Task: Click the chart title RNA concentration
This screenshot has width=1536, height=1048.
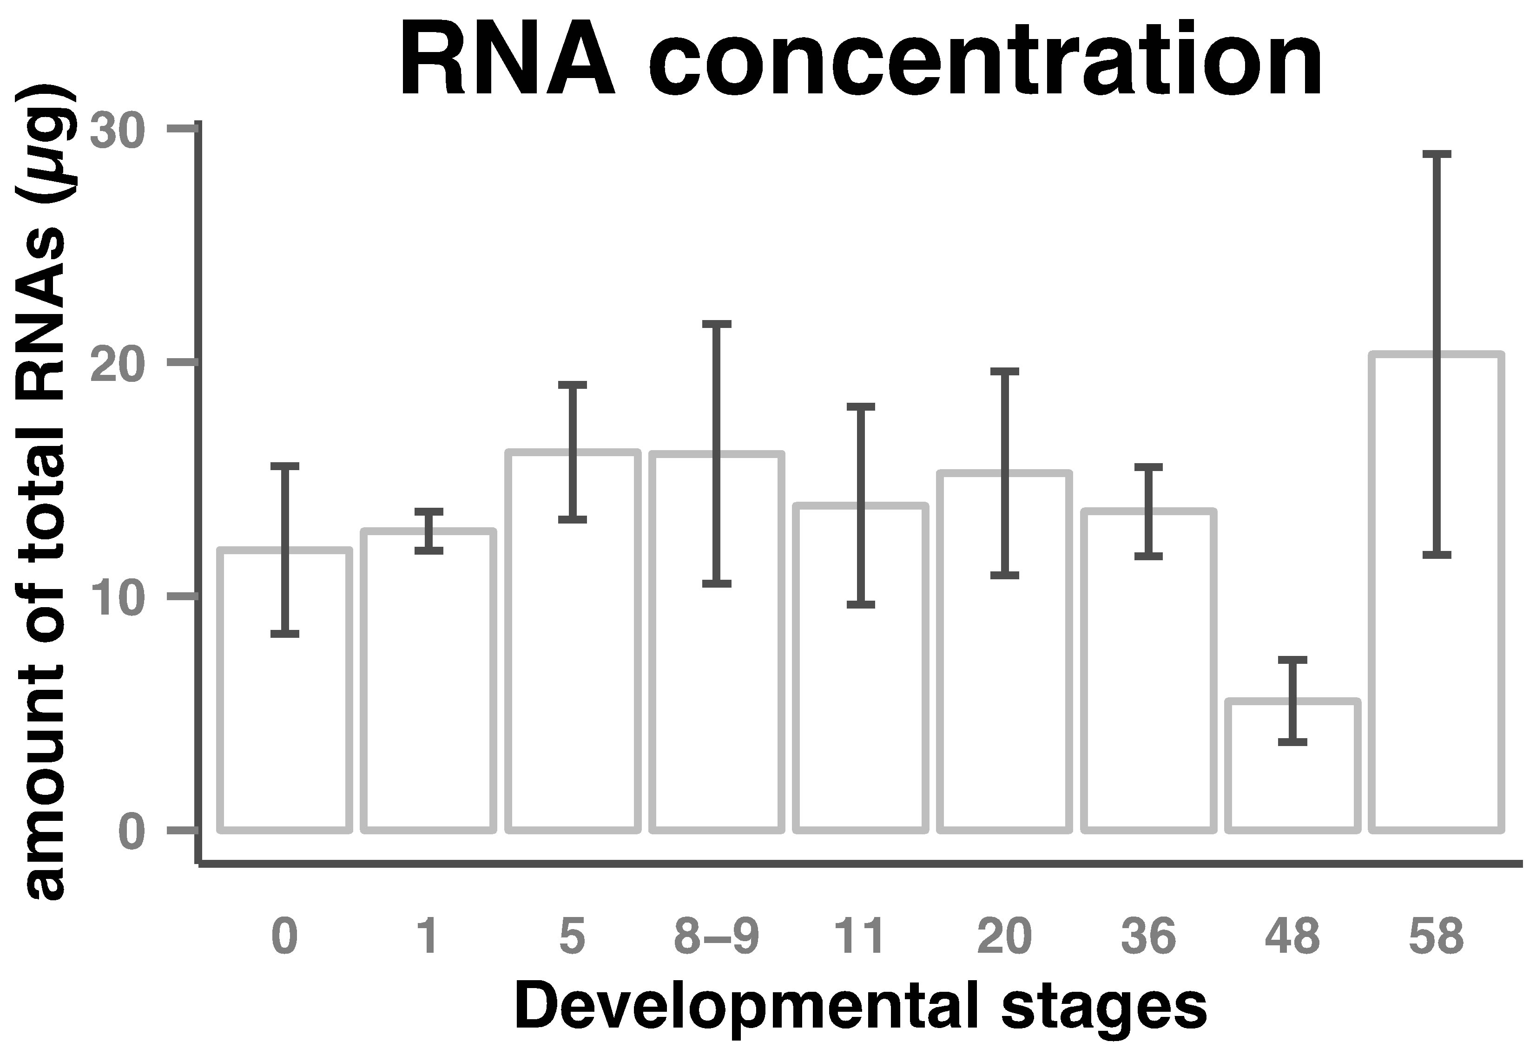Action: (x=861, y=63)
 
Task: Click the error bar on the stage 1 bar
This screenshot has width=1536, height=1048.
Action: (x=429, y=531)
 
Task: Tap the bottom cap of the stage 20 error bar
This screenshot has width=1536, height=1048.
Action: (x=1005, y=575)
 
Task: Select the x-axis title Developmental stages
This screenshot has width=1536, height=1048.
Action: (x=861, y=1008)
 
